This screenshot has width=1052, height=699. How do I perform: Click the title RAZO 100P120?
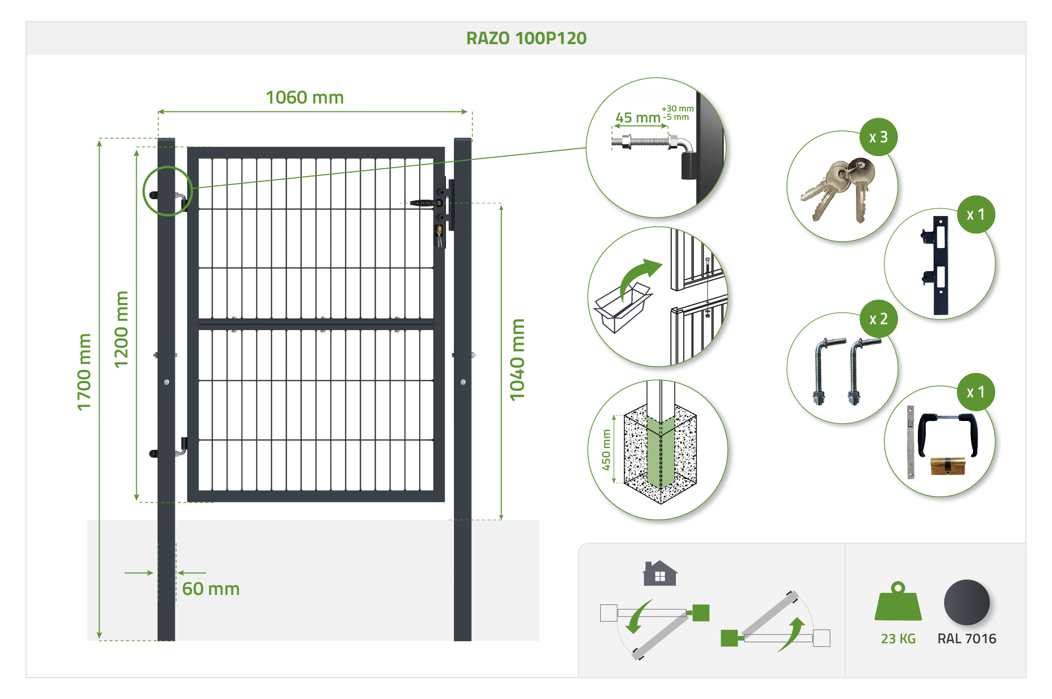coord(526,38)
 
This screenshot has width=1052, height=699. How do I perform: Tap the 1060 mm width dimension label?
coord(305,98)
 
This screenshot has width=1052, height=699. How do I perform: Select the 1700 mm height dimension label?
coord(84,372)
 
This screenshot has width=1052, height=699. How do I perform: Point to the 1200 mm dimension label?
coord(122,330)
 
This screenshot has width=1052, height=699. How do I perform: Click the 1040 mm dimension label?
coord(518,360)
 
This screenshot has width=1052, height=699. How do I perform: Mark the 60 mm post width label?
coord(211,589)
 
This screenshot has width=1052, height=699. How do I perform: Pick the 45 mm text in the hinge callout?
coord(638,118)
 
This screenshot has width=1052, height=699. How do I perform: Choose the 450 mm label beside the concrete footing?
coord(606,450)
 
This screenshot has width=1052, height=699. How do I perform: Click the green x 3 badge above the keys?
coord(878,137)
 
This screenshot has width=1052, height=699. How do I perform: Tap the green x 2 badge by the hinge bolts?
coord(878,319)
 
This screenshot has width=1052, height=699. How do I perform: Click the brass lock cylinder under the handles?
coord(947,466)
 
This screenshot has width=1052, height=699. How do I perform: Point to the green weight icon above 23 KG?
coord(898,602)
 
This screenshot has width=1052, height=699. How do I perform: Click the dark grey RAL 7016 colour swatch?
coord(967,603)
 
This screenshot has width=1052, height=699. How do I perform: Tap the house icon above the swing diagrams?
coord(660,573)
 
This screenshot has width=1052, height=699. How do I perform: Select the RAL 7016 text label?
coord(967,639)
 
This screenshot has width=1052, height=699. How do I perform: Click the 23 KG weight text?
coord(898,639)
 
